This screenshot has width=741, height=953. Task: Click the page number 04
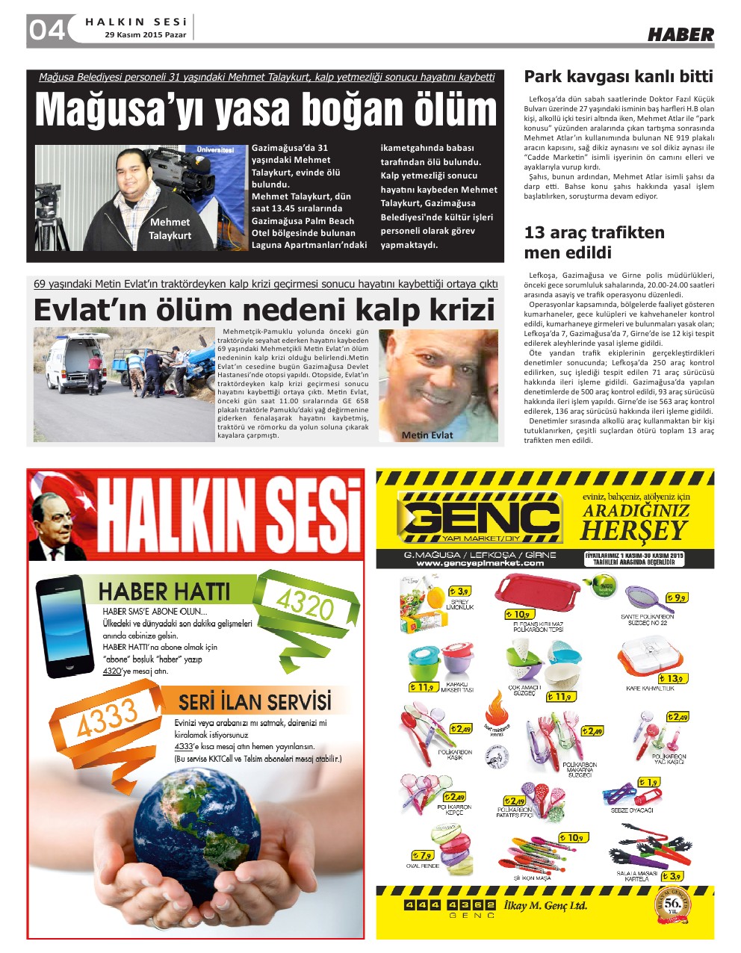(x=46, y=30)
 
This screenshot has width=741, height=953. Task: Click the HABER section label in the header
(x=680, y=34)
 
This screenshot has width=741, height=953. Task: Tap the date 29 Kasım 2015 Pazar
(x=146, y=35)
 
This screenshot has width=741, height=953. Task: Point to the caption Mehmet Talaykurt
(x=170, y=229)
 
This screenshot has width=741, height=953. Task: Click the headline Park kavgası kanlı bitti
(x=618, y=76)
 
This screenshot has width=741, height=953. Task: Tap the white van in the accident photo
(x=73, y=363)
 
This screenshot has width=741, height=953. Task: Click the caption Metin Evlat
(x=427, y=435)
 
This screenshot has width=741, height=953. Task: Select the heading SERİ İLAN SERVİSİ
(x=254, y=702)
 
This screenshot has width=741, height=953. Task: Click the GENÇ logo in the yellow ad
(x=480, y=518)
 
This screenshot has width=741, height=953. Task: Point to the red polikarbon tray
(x=536, y=592)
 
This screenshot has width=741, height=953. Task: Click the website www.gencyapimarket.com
(x=480, y=563)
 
